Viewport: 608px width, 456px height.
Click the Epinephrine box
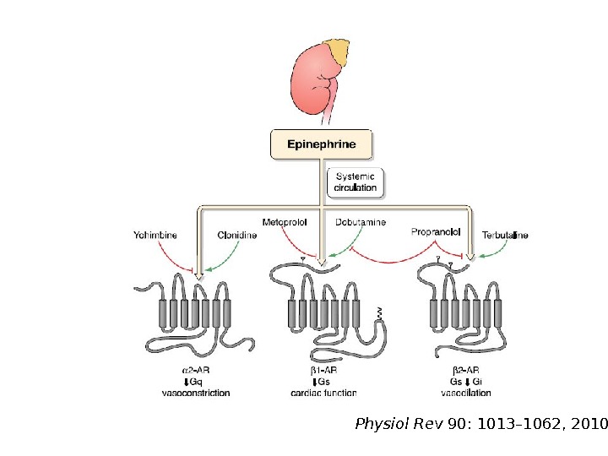[x=321, y=144]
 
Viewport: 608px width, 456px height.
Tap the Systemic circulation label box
[x=355, y=182]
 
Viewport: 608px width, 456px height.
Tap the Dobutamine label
[x=361, y=222]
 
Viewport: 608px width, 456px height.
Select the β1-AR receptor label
[x=323, y=371]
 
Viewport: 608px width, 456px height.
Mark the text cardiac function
[x=323, y=393]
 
